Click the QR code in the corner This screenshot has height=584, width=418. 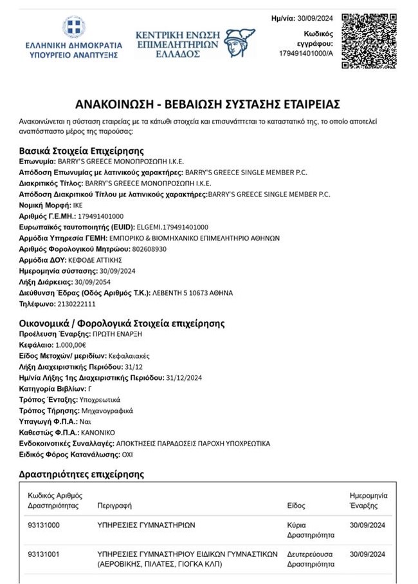point(365,41)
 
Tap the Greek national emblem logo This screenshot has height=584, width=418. point(73,28)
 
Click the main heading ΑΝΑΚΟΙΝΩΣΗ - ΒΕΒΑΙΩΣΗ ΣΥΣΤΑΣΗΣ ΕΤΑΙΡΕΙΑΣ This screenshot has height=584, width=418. point(207,104)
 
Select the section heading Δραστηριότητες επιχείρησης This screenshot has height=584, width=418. point(82,474)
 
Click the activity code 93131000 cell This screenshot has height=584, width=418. point(44,525)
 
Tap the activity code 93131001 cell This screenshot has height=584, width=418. point(44,554)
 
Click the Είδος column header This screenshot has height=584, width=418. point(296,505)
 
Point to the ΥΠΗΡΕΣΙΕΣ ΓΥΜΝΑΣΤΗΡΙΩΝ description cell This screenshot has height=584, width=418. point(145,525)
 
